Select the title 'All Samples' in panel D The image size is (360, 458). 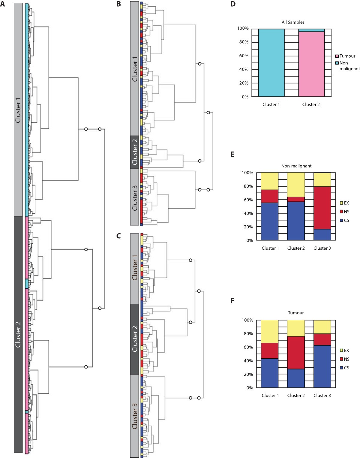tap(293, 22)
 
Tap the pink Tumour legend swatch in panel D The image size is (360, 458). tap(337, 56)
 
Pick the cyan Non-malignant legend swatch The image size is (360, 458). tap(337, 63)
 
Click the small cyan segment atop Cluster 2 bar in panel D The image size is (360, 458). tap(311, 30)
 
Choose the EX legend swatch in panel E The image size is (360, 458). tap(341, 203)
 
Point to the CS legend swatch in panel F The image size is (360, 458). tap(341, 368)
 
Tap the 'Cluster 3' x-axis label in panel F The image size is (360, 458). tap(322, 396)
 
